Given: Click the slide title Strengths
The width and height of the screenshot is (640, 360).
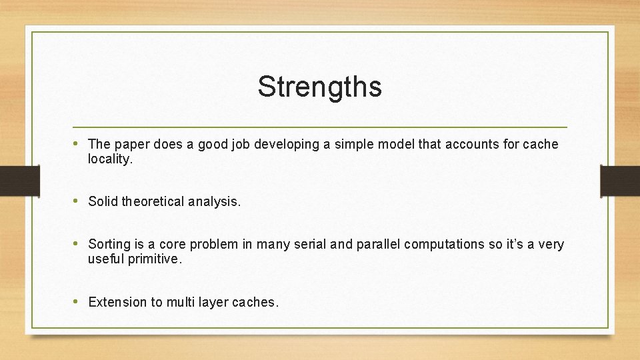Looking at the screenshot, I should point(319,87).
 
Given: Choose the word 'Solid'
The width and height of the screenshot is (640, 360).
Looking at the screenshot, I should point(103,202).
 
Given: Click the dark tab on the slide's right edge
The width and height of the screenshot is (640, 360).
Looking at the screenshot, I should point(620,181).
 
